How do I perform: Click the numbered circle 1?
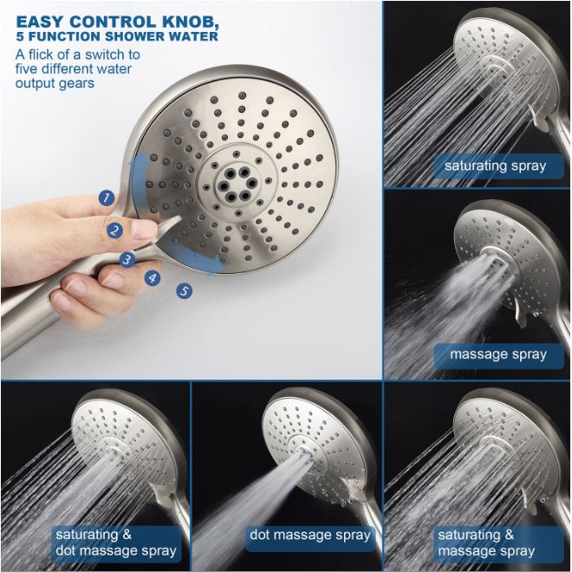click(106, 198)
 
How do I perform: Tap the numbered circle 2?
click(115, 231)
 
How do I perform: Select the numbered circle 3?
click(127, 260)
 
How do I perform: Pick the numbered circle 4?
click(153, 278)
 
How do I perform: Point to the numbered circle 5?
click(185, 290)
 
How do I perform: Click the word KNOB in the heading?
click(189, 22)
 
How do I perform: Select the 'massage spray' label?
click(498, 355)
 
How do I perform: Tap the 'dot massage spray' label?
click(310, 538)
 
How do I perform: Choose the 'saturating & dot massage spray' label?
click(116, 543)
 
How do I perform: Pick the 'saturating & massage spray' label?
click(498, 543)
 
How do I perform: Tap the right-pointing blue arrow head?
click(216, 264)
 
